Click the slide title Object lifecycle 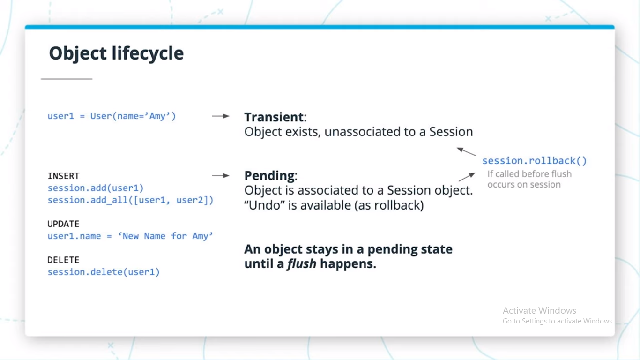[116, 53]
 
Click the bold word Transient [274, 117]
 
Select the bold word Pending [270, 176]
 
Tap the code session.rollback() [534, 161]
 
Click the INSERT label [63, 176]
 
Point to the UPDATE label [63, 224]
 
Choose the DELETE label [63, 260]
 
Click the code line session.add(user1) [95, 188]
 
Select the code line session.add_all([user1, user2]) [130, 200]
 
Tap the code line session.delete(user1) [104, 272]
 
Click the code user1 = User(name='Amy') [112, 116]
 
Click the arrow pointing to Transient [220, 116]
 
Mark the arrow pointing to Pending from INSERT [220, 175]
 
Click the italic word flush [301, 264]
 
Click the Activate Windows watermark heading [539, 310]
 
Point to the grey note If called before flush [529, 174]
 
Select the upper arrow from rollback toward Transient [466, 151]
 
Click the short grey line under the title [67, 79]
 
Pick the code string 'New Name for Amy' [165, 236]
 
